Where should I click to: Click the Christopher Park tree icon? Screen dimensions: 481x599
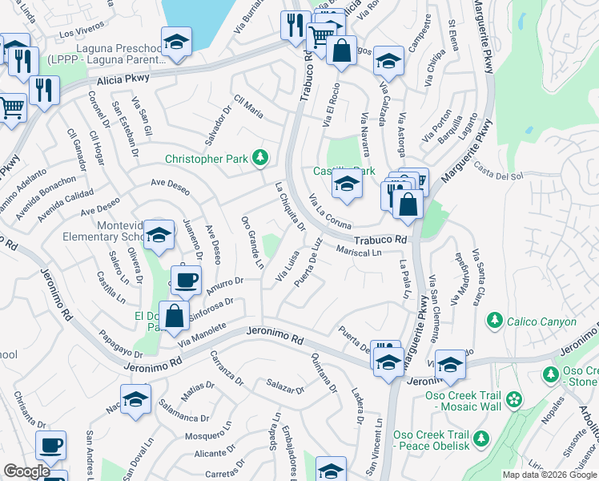pyautogui.click(x=259, y=159)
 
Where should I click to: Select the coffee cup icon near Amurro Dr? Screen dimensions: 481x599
pyautogui.click(x=186, y=281)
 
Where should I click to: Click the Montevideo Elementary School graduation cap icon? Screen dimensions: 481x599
pyautogui.click(x=159, y=235)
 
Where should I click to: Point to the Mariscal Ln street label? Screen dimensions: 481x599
pyautogui.click(x=358, y=252)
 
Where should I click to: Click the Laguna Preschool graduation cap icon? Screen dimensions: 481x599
pyautogui.click(x=176, y=41)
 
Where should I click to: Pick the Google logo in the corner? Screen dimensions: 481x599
pyautogui.click(x=26, y=471)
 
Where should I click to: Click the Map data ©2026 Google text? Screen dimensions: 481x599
pyautogui.click(x=549, y=475)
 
